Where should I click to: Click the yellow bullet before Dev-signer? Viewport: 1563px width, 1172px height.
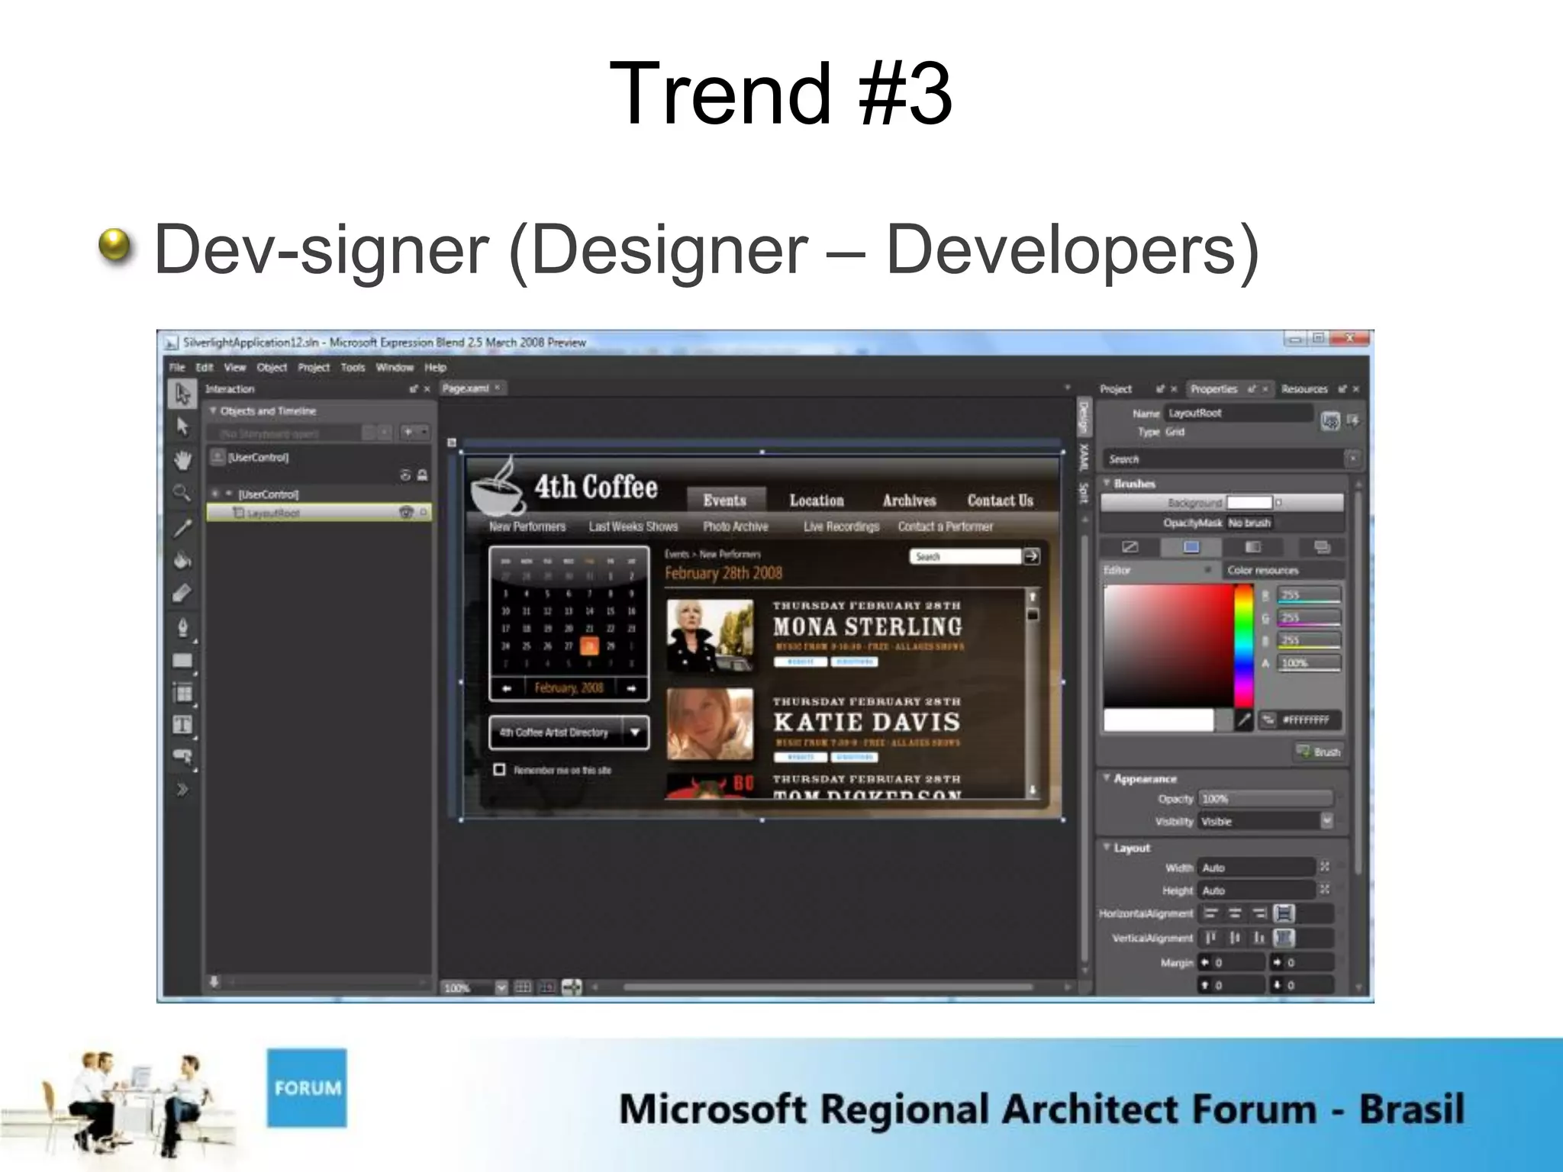tap(116, 246)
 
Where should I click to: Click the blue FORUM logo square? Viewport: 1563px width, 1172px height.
tap(307, 1087)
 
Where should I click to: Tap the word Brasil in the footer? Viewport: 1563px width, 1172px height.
tap(1411, 1109)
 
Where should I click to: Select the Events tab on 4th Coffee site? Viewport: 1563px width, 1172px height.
tap(724, 500)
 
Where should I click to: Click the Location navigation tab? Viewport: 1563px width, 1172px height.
tap(817, 501)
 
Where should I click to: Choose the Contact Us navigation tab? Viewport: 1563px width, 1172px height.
tap(1000, 501)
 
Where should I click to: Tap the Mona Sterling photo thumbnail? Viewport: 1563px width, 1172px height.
tap(710, 635)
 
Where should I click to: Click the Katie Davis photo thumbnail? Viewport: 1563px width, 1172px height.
tap(710, 723)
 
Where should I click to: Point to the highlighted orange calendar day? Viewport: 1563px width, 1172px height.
tap(589, 646)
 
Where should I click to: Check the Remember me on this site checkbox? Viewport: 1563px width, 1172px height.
tap(500, 769)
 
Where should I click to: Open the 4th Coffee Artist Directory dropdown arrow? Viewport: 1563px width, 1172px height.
tap(635, 732)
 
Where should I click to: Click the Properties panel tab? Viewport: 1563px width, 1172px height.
tap(1213, 389)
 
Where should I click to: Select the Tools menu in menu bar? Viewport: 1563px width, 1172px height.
tap(353, 367)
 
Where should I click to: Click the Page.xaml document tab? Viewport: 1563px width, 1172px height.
tap(466, 388)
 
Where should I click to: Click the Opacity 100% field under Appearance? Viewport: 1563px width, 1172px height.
tap(1265, 799)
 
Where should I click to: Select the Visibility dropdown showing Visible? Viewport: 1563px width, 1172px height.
tap(1265, 822)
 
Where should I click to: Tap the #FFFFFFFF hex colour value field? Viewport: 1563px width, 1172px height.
tap(1306, 720)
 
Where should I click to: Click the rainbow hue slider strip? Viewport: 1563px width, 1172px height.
tap(1244, 646)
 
